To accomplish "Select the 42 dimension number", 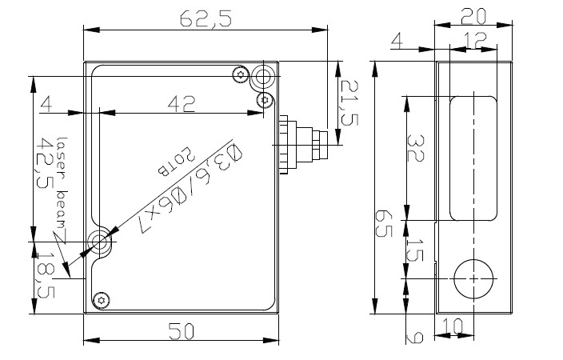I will pyautogui.click(x=183, y=103).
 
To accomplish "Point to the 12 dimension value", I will pyautogui.click(x=477, y=40).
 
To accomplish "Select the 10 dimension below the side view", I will pyautogui.click(x=453, y=326).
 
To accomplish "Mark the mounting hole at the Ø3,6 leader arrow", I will pyautogui.click(x=101, y=241).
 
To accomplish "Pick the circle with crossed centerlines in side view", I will pyautogui.click(x=472, y=278).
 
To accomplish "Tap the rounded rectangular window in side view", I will pyautogui.click(x=472, y=157).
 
